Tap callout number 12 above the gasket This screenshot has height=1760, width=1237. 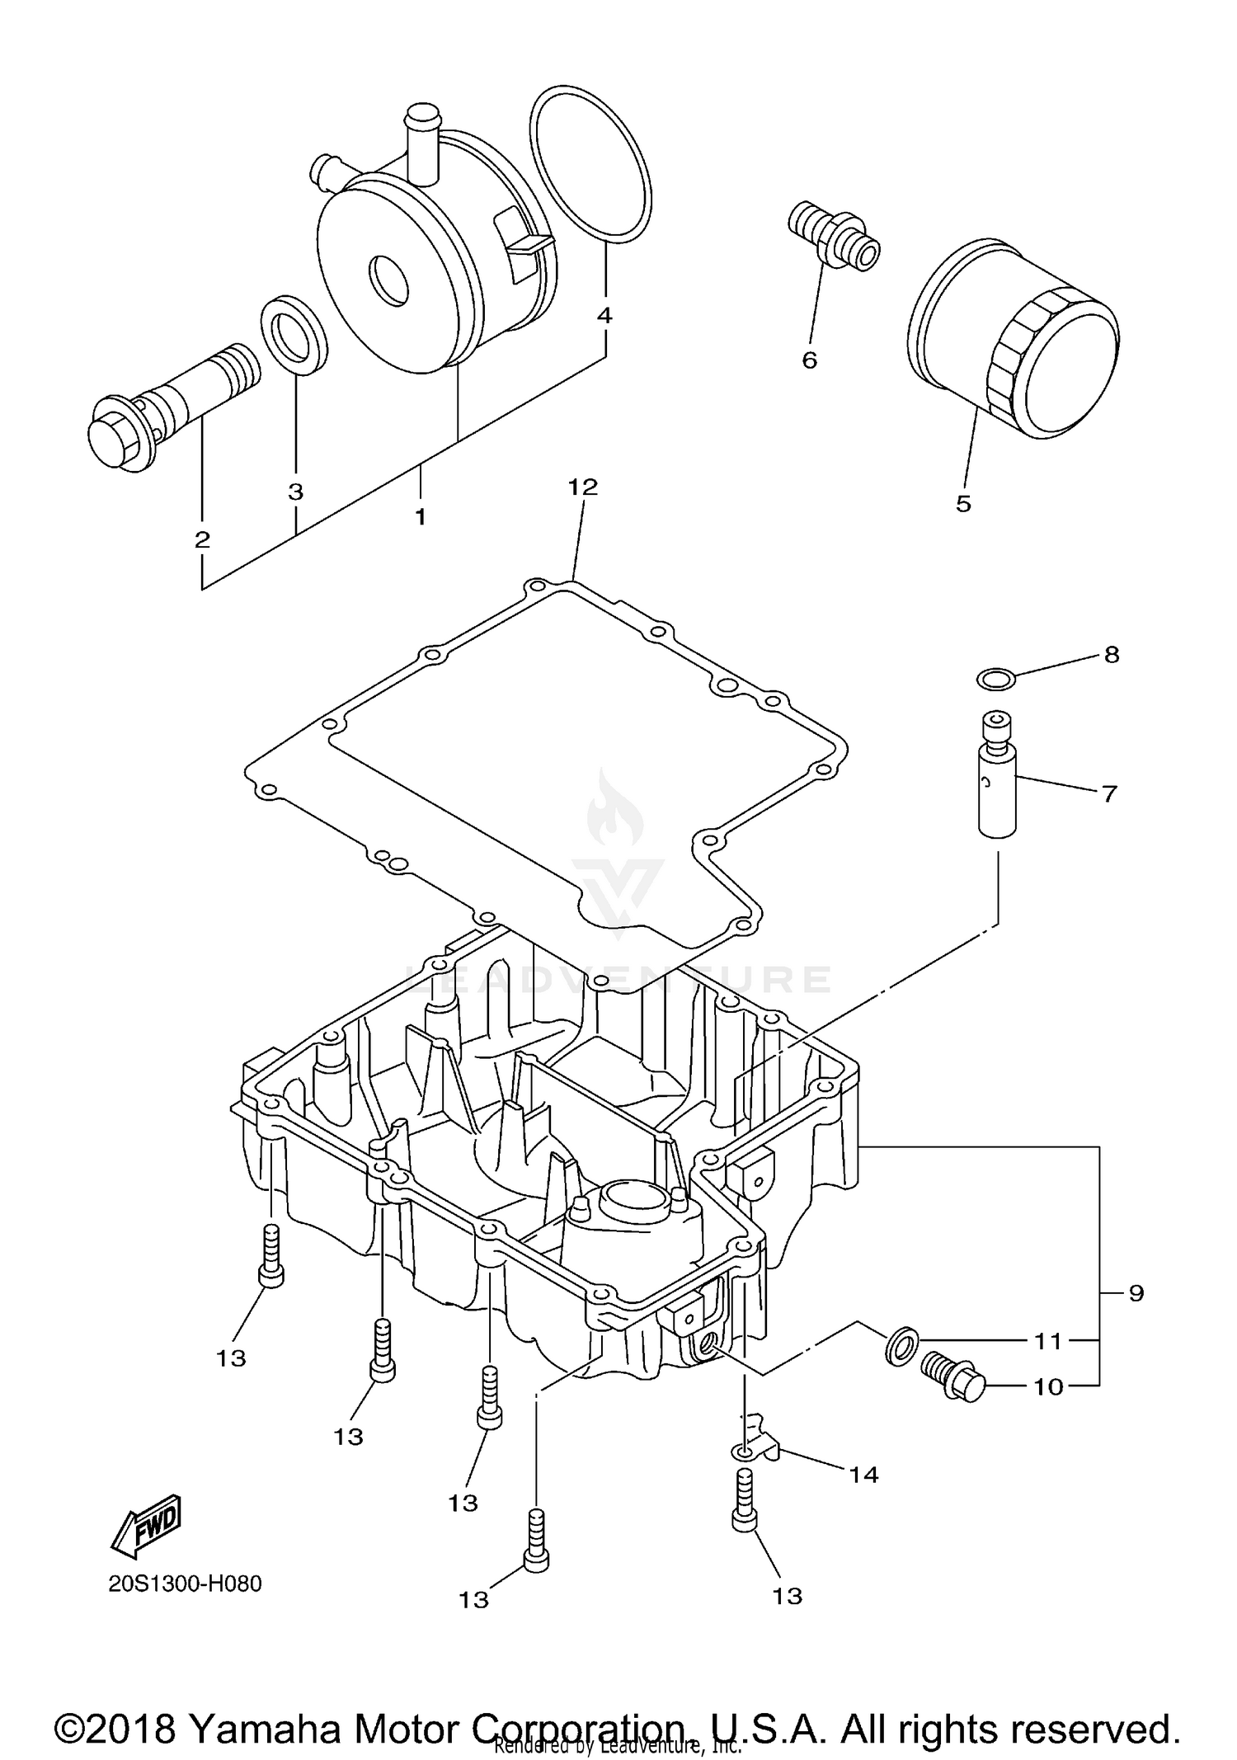pyautogui.click(x=582, y=487)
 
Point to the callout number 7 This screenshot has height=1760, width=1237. pyautogui.click(x=1109, y=793)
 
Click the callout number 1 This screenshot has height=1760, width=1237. pyautogui.click(x=421, y=517)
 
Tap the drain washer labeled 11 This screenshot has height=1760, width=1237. pyautogui.click(x=901, y=1344)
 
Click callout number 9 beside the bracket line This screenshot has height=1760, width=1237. pyautogui.click(x=1136, y=1293)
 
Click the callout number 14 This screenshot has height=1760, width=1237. pyautogui.click(x=864, y=1474)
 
